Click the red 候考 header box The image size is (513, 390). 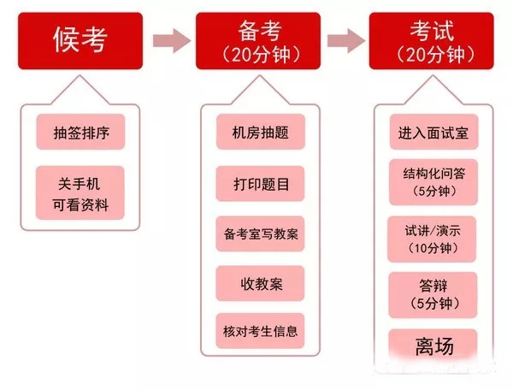[x=80, y=41]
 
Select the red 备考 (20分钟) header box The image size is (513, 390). [x=258, y=41]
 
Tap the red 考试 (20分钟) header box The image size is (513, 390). [x=432, y=41]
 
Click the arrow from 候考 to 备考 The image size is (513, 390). [x=172, y=40]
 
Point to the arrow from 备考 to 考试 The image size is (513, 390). [x=346, y=40]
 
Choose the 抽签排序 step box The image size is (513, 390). [x=80, y=132]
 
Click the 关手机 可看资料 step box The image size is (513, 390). [x=80, y=192]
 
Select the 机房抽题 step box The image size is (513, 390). [x=261, y=132]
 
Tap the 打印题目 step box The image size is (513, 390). [x=261, y=184]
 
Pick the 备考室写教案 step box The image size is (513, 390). [x=261, y=233]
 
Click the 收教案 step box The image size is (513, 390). [x=261, y=283]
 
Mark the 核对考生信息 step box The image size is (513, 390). [x=261, y=331]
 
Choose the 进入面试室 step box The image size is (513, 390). [x=433, y=132]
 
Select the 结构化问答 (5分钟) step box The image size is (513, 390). [x=433, y=182]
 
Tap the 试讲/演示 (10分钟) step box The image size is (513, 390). [x=432, y=239]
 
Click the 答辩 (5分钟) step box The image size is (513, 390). [x=433, y=295]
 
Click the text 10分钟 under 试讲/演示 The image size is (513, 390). [x=433, y=248]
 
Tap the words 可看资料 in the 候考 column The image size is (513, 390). [x=80, y=205]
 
